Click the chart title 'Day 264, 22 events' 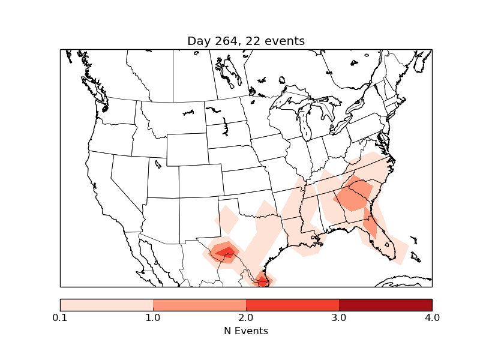coord(246,41)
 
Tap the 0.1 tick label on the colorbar coord(60,317)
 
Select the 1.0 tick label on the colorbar coord(153,317)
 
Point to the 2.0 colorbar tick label coord(246,317)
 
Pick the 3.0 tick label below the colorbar coord(339,317)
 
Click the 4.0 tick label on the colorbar coord(431,317)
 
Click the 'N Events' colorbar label coord(246,331)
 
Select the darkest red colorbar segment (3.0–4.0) coord(385,305)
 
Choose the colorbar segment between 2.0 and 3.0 coord(292,305)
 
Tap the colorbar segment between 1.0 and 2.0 coord(199,305)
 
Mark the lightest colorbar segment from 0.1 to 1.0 coord(106,305)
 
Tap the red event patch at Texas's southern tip coord(262,278)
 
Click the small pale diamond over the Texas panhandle coord(227,220)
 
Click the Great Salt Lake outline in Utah coord(158,163)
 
